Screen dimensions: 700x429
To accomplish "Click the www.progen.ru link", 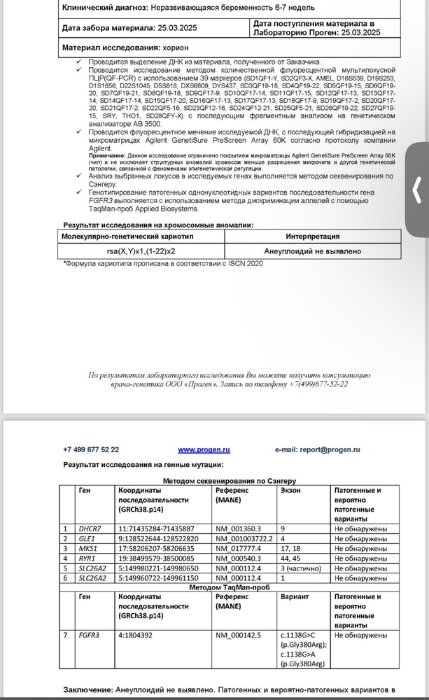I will coord(204,449).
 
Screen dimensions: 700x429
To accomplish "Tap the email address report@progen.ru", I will coord(328,449).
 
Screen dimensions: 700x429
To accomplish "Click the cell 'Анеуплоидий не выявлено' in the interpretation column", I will coord(313,251).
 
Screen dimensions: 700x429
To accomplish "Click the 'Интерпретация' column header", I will coord(313,237).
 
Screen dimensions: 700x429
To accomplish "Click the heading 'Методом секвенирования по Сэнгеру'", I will coord(230,481).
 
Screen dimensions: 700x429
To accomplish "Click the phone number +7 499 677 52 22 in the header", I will coord(91,449).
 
